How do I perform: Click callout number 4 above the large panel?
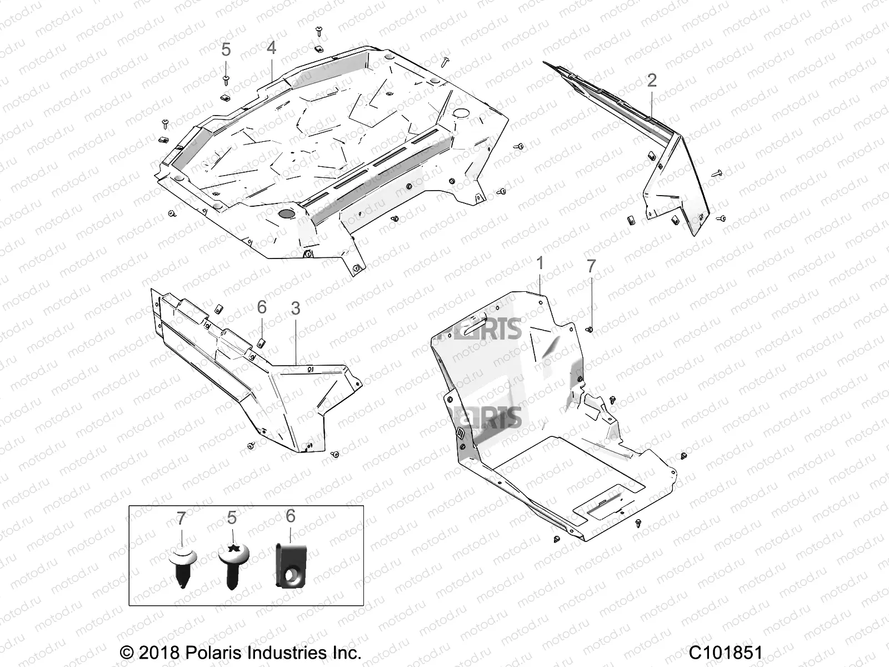271,48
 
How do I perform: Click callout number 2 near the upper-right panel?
652,81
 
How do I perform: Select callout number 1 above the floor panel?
540,263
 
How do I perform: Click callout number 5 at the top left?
226,49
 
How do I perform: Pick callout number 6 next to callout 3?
262,307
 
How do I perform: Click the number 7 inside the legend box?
181,519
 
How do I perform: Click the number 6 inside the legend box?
290,516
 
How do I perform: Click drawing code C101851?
726,652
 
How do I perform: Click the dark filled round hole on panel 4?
287,213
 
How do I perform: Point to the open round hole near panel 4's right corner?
461,113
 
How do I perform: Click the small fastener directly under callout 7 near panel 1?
591,329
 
